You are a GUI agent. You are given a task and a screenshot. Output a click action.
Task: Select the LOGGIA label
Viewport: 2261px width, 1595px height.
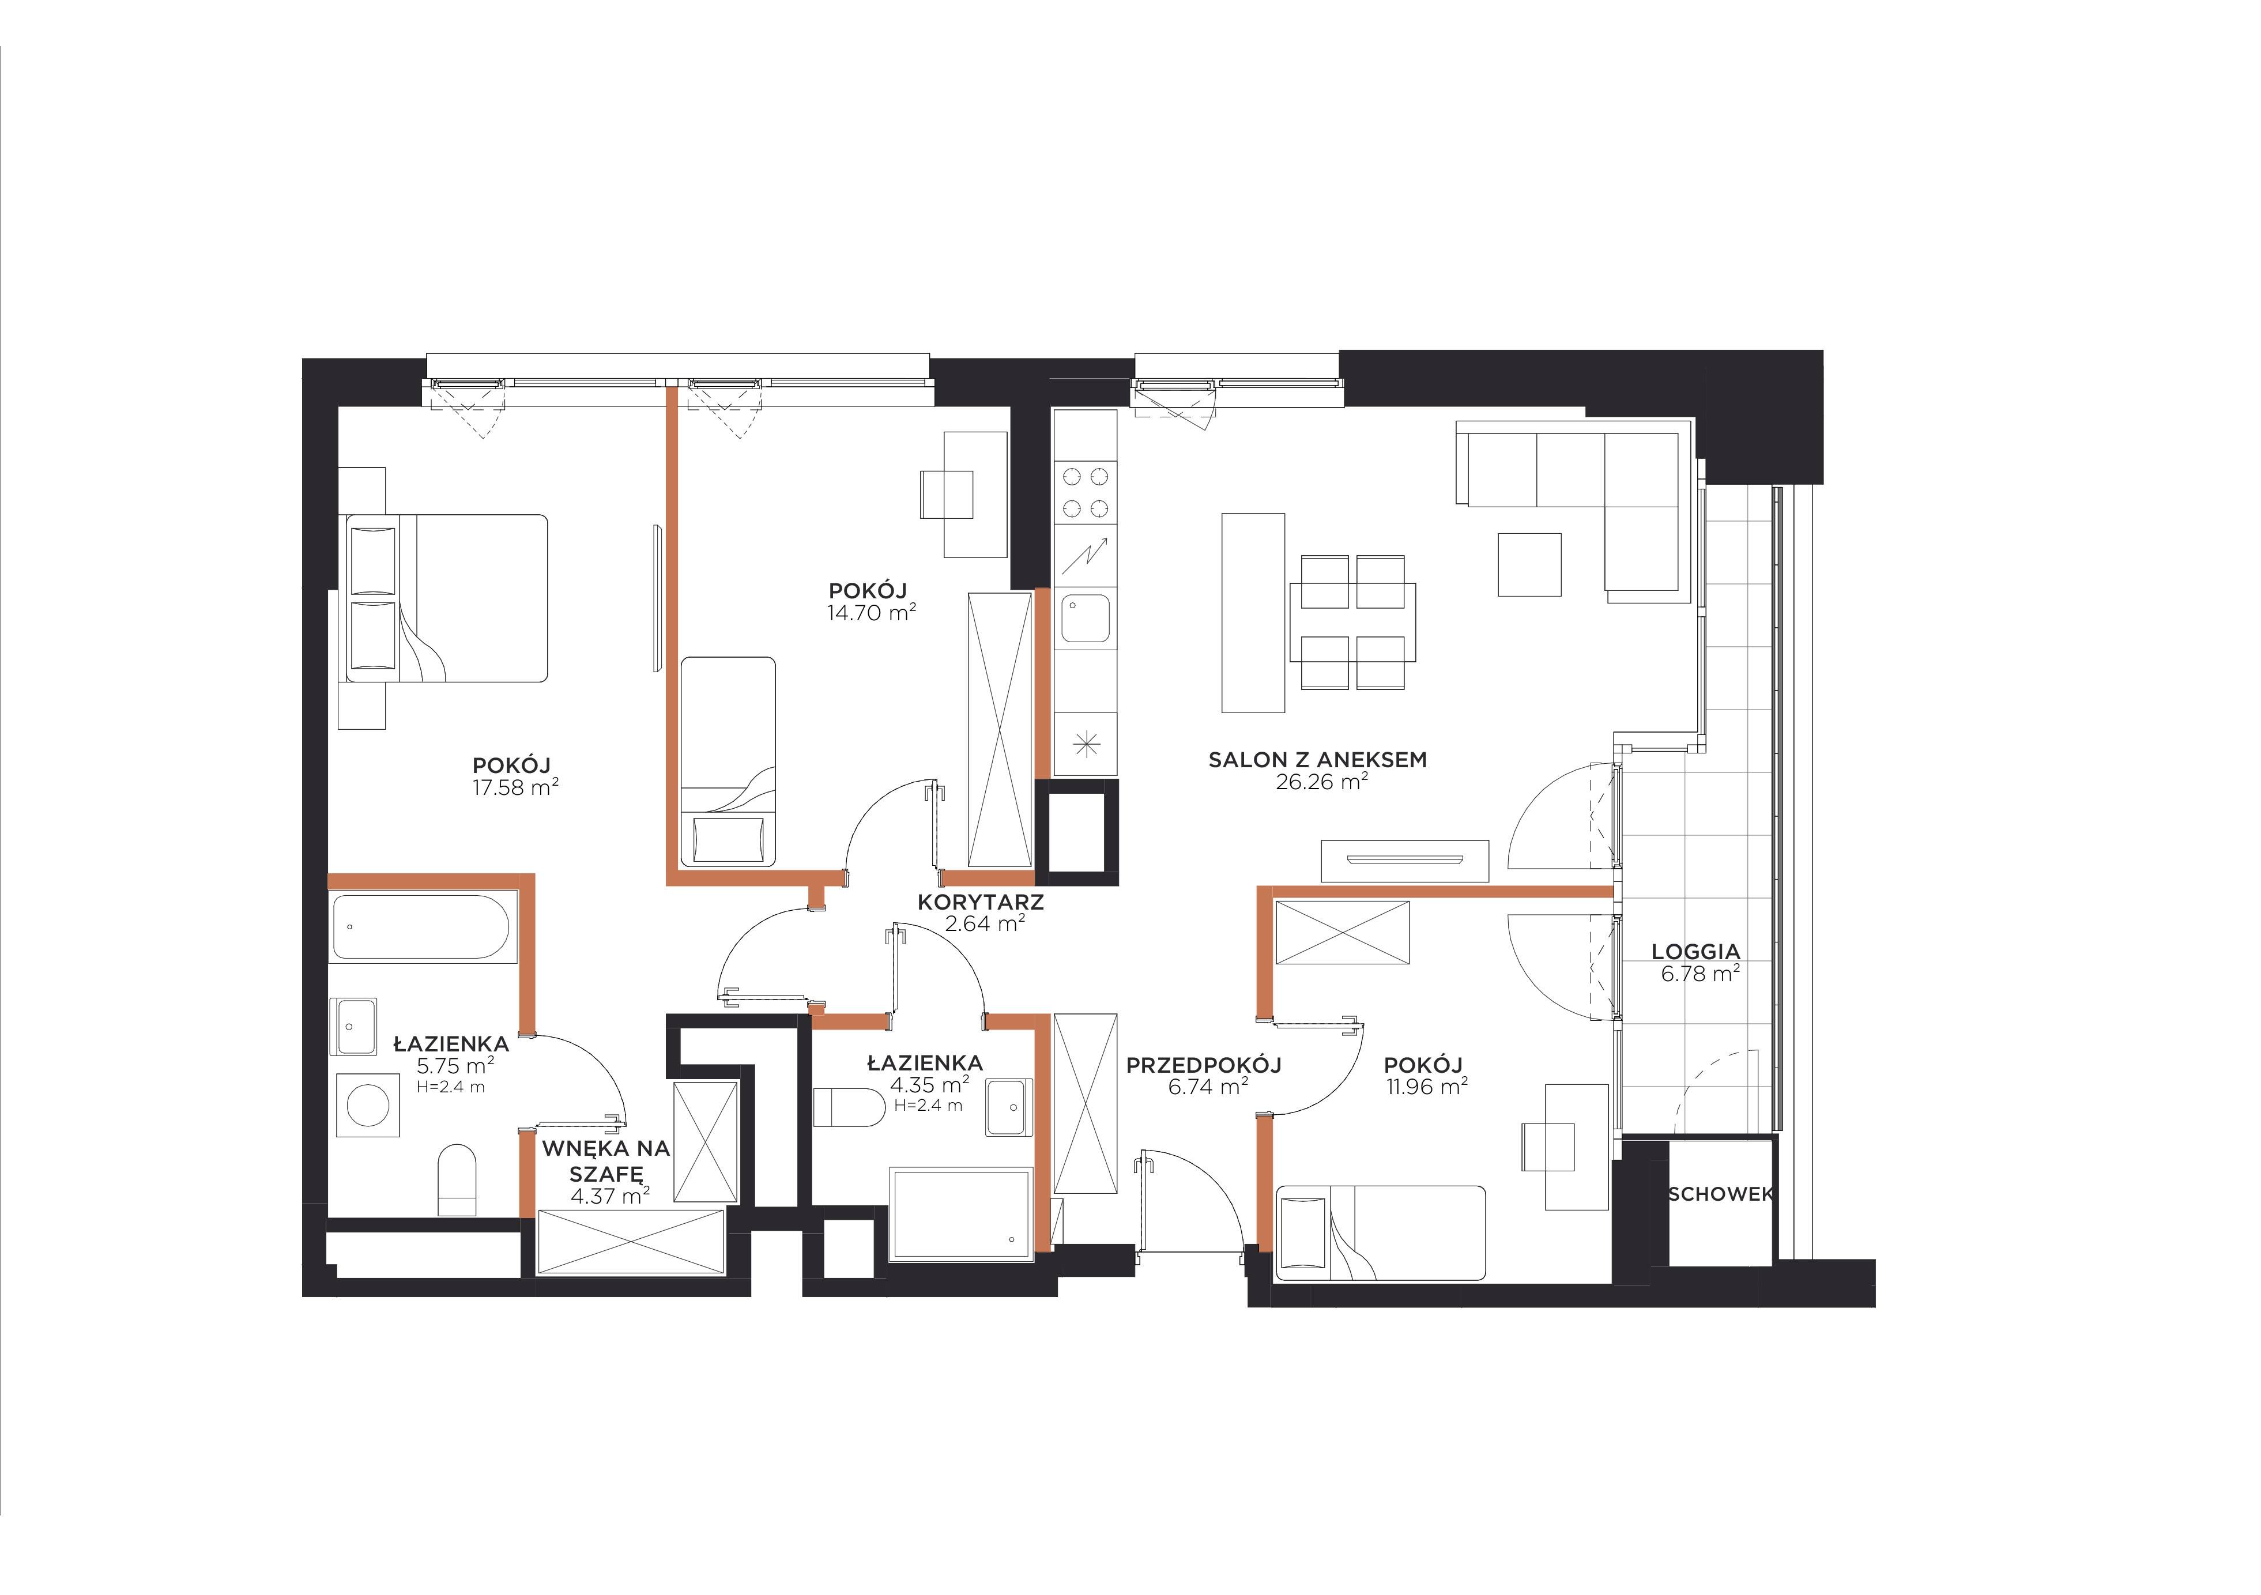coord(1696,952)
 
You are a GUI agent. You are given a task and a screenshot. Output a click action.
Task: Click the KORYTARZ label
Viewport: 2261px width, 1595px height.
coord(980,902)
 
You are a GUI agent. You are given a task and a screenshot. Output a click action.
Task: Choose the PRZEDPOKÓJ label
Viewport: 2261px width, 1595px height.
coord(1203,1065)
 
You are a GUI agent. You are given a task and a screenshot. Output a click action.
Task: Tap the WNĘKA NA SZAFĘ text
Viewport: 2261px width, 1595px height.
coord(606,1161)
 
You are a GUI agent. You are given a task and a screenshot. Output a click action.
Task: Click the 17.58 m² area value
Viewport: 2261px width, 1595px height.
coord(516,787)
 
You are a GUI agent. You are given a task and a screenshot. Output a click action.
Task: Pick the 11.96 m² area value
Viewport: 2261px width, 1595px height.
coord(1427,1087)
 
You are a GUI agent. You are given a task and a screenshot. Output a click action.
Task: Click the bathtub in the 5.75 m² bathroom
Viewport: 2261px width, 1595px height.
coord(421,926)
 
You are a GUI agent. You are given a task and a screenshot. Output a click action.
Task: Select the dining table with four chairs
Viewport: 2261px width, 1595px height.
coord(1352,622)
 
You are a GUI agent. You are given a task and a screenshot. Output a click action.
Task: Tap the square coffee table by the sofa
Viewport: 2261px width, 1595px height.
coord(1529,565)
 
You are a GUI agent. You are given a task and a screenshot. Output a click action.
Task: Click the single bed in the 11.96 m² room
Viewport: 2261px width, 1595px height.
coord(1380,1232)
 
